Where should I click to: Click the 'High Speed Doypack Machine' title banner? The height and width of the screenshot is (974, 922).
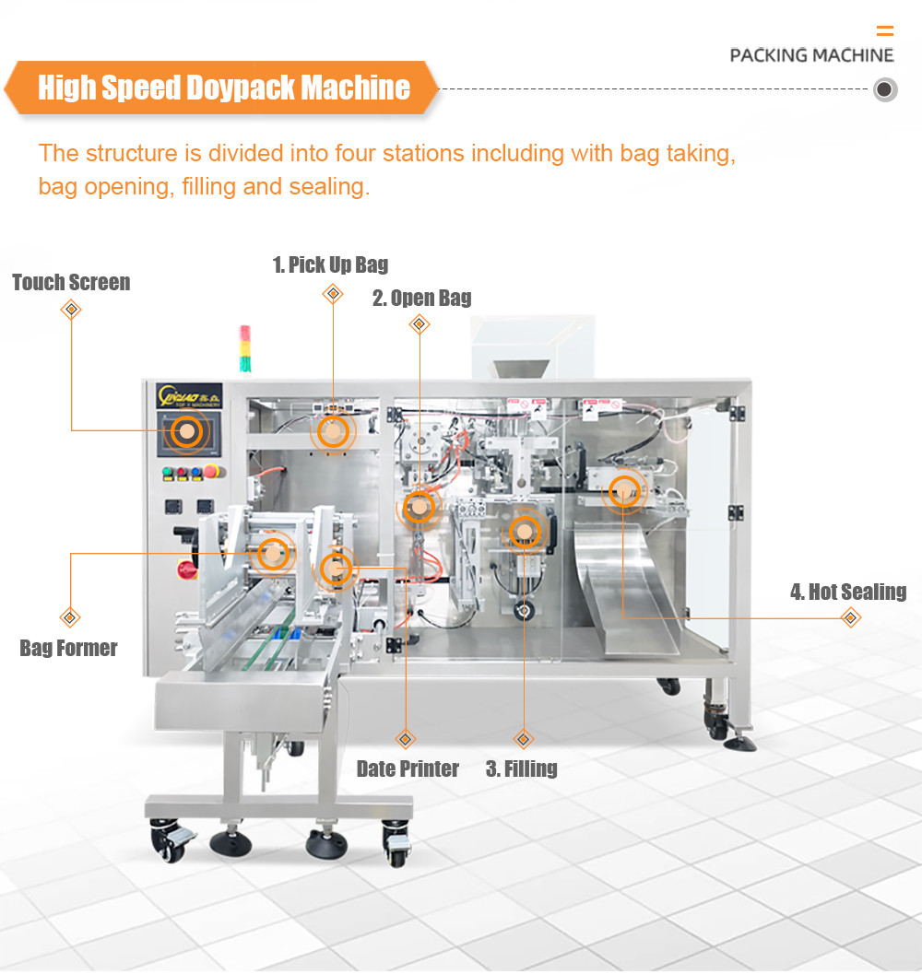tap(223, 88)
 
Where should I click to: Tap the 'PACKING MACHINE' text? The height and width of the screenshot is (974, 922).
tap(811, 55)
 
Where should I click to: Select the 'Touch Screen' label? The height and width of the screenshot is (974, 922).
tap(71, 283)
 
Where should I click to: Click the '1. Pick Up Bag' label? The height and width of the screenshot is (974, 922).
tap(330, 265)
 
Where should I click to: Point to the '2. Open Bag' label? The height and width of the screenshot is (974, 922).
tap(421, 298)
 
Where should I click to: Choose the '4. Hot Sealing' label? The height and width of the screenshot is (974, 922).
tap(847, 592)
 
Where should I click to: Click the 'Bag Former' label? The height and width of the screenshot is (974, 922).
tap(68, 648)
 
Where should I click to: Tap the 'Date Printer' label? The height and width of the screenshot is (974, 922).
tap(408, 769)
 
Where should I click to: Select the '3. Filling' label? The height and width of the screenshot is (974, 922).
tap(521, 769)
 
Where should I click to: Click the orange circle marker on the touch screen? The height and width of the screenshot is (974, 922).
tap(187, 431)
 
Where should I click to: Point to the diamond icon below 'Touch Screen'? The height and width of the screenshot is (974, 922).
tap(71, 310)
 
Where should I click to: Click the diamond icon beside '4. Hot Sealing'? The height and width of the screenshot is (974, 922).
tap(851, 617)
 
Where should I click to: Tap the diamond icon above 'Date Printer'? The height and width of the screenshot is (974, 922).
tap(405, 739)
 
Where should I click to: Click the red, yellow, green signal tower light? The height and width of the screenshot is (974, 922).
tap(245, 349)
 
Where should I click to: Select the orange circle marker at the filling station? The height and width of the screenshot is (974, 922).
tap(524, 532)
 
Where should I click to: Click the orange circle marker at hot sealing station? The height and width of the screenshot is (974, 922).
tap(624, 490)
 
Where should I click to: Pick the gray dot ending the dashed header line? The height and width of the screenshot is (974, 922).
tap(885, 90)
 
